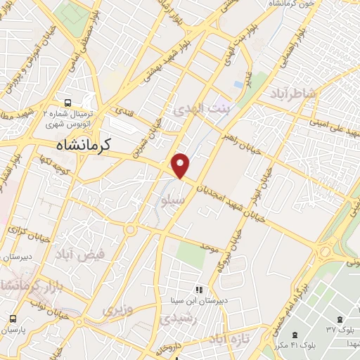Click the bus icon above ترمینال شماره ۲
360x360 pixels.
click(67, 101)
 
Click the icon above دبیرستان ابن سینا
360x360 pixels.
click(200, 289)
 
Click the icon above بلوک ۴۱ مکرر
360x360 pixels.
click(293, 334)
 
